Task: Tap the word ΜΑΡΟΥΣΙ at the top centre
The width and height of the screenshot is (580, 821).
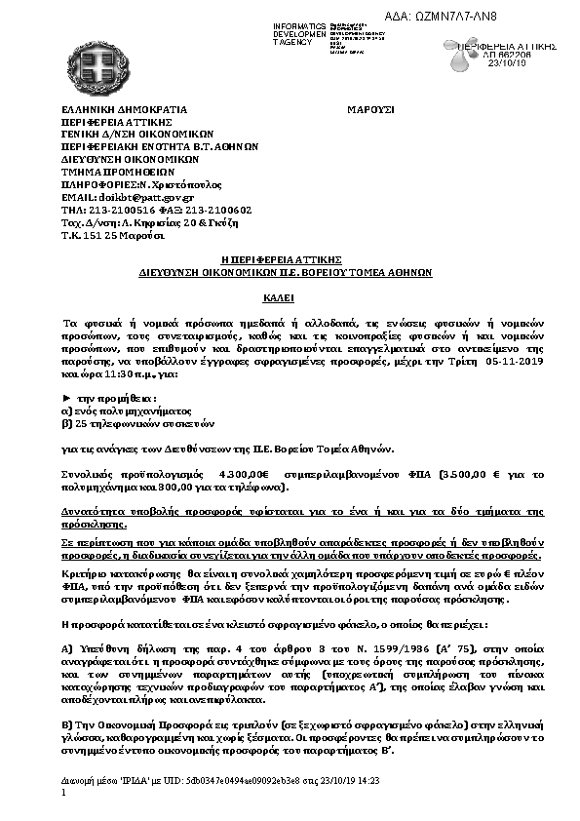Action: click(370, 110)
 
